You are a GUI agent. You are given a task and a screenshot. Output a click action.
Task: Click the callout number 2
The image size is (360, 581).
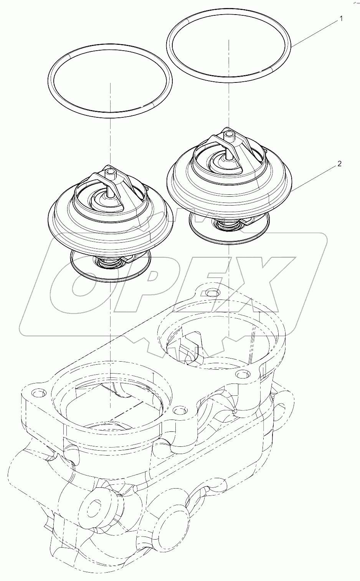(x=339, y=164)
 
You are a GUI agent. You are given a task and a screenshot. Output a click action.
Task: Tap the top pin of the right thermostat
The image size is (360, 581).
(x=229, y=135)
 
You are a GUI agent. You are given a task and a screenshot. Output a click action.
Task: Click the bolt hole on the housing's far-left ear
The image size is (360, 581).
(x=37, y=393)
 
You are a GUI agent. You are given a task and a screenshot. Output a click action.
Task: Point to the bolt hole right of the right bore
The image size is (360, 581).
(x=241, y=374)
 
